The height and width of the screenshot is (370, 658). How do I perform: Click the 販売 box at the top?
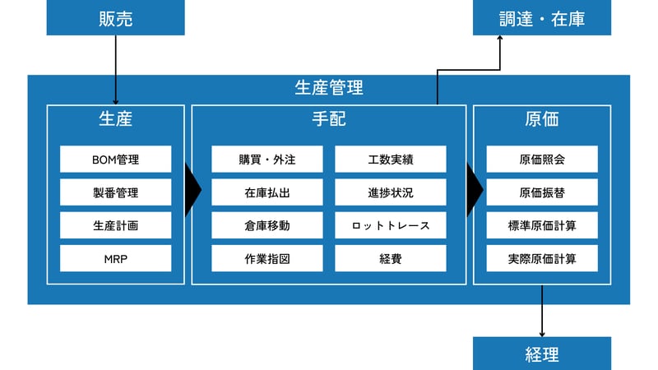tap(115, 17)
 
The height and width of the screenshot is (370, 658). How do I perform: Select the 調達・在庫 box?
tap(542, 17)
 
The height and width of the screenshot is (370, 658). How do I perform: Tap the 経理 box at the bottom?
tap(542, 354)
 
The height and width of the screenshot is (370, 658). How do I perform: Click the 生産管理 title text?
tap(329, 87)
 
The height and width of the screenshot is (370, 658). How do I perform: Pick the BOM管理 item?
tap(115, 159)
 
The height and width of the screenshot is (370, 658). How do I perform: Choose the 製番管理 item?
tap(115, 192)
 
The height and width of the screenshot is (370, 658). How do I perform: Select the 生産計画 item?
tap(115, 225)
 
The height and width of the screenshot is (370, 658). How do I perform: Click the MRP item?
tap(115, 258)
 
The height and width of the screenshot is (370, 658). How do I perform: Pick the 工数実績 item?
tap(390, 159)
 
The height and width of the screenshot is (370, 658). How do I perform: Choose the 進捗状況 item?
tap(390, 192)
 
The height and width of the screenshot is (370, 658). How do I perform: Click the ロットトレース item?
tap(390, 225)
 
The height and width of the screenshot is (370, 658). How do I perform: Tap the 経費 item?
tap(390, 258)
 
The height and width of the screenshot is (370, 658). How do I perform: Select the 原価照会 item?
tap(542, 159)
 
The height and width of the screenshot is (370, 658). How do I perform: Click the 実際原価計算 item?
tap(542, 258)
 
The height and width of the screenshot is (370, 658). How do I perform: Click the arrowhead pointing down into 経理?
tap(542, 333)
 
